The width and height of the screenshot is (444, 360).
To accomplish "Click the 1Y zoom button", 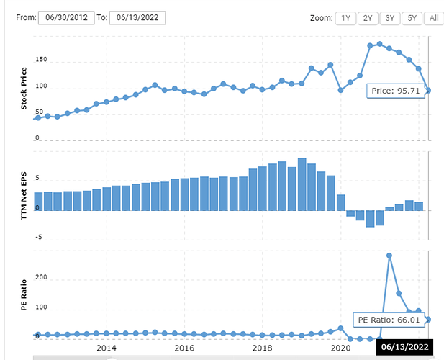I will [x=346, y=18].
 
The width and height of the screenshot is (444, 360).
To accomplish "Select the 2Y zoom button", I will [x=368, y=18].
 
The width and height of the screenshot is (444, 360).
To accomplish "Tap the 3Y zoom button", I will [x=389, y=18].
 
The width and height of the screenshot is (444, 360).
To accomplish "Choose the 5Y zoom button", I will [x=412, y=18].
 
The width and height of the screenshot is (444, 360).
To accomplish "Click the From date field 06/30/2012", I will [x=66, y=18].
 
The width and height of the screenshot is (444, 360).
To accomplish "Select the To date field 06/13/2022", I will [x=137, y=18].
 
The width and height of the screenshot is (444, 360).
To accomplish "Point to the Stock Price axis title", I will [x=24, y=89].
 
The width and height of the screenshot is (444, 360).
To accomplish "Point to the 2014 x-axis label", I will [x=107, y=348].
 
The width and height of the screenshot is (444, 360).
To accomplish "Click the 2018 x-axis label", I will [x=263, y=348].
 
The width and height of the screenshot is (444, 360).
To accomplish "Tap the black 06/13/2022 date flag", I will [x=405, y=348].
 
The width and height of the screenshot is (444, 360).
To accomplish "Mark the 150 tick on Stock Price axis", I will [x=42, y=61].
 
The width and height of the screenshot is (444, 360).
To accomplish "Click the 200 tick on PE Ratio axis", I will [x=42, y=278].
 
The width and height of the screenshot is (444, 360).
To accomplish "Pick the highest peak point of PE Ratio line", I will [x=389, y=256].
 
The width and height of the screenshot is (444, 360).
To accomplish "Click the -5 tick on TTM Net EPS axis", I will [x=40, y=237].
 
